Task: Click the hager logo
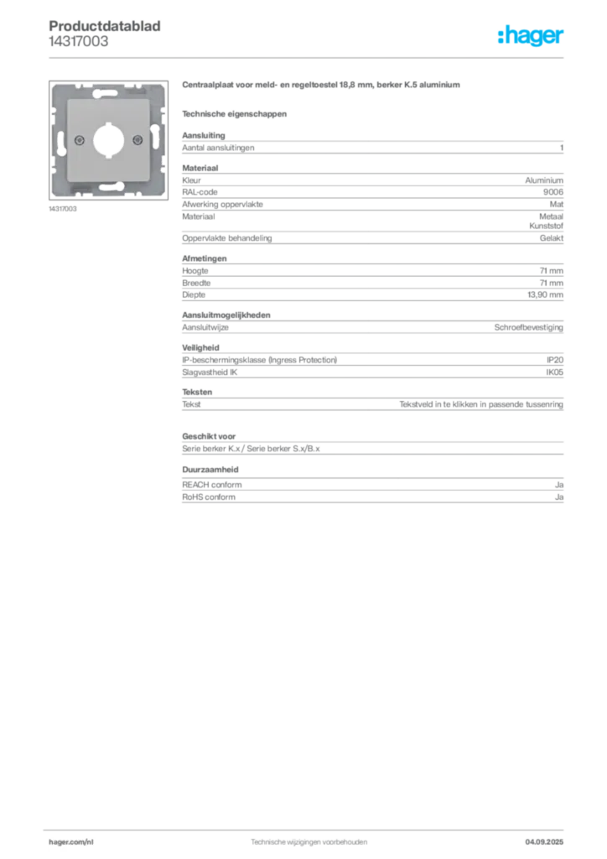530,35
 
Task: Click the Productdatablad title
105,26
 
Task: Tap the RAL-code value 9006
553,192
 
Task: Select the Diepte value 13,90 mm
545,294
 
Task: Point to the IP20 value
555,360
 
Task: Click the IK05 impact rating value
554,372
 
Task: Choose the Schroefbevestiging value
529,328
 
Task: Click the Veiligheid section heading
200,348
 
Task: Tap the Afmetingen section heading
205,258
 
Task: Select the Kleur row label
191,180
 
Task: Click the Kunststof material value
547,226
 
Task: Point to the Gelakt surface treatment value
552,238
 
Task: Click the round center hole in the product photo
108,140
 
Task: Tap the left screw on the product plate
80,140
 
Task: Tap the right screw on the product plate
138,140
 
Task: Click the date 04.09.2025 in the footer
544,842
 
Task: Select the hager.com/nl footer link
71,842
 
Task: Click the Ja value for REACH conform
559,485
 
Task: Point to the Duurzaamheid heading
210,470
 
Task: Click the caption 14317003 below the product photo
63,209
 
